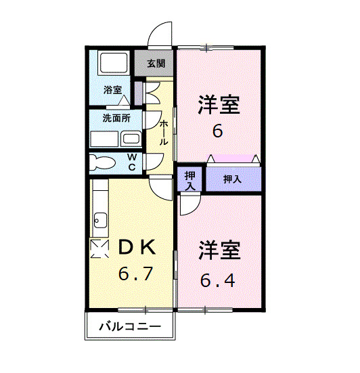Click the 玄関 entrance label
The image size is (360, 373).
(x=156, y=64)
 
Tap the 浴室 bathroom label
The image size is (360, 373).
(x=112, y=89)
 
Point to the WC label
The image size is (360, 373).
(x=133, y=162)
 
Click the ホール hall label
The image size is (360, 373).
(x=164, y=133)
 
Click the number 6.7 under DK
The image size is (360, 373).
(x=136, y=274)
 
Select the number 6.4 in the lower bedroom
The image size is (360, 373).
(x=218, y=279)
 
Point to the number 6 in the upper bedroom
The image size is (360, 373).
(x=217, y=131)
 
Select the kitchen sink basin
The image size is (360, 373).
(x=100, y=219)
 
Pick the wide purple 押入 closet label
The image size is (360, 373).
(x=233, y=179)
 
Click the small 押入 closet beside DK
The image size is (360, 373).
(x=190, y=179)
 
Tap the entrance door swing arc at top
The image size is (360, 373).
(x=161, y=34)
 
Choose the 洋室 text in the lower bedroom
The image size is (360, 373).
(x=219, y=251)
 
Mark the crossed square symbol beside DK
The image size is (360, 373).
(x=100, y=250)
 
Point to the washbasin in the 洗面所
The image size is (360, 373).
(x=131, y=139)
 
